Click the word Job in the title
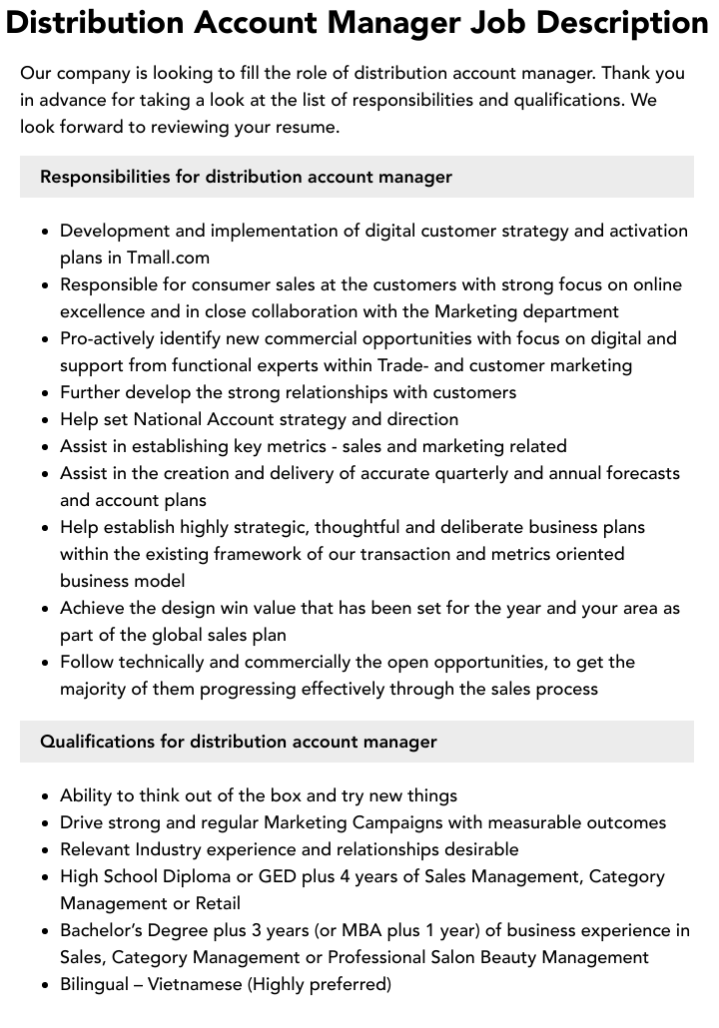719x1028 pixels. pyautogui.click(x=468, y=23)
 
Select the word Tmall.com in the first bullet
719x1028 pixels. pyautogui.click(x=168, y=257)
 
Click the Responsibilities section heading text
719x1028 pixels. pyautogui.click(x=246, y=177)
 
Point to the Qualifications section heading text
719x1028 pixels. pyautogui.click(x=238, y=742)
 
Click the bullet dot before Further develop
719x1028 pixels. pyautogui.click(x=46, y=393)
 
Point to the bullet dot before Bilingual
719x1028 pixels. pyautogui.click(x=46, y=985)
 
